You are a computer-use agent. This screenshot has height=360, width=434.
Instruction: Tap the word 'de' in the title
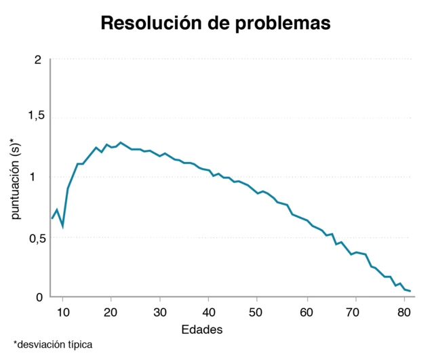218,23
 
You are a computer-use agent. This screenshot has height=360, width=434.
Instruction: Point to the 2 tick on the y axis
38,60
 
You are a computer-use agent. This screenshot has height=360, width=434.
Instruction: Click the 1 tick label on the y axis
39,177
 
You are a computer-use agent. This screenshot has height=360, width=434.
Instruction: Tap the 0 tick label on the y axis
39,296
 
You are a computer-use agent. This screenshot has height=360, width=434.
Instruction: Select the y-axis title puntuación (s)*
16,180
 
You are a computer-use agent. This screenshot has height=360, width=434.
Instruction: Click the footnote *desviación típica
52,344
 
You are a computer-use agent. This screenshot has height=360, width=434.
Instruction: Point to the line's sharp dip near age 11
62,226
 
